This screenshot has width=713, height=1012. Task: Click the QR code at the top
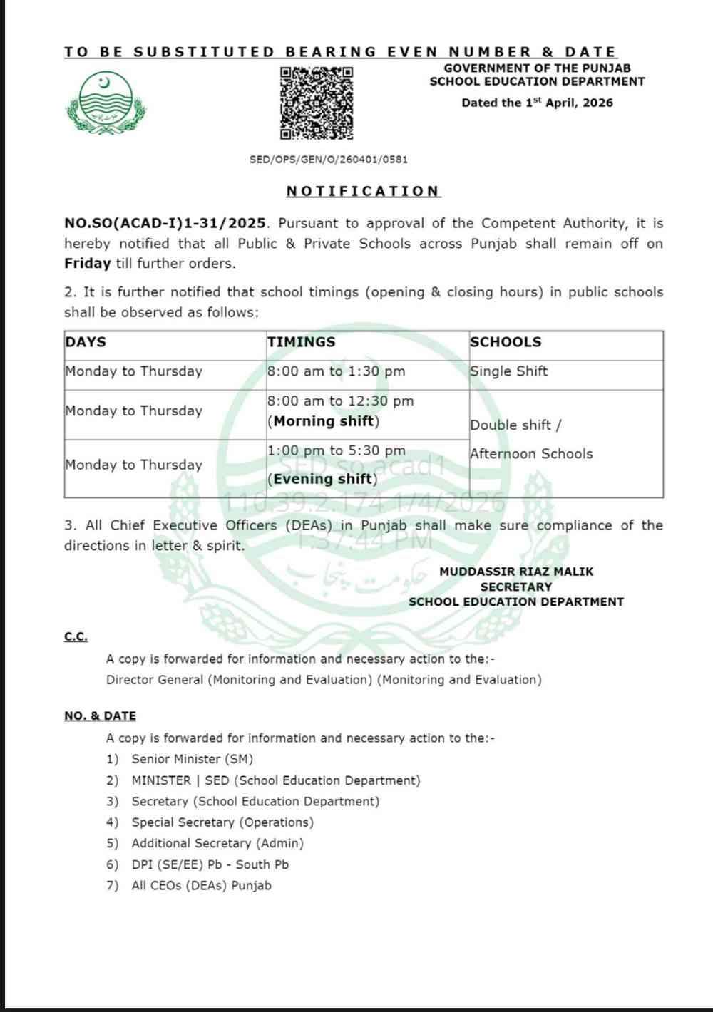pos(316,103)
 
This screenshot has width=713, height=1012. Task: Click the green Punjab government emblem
pos(106,103)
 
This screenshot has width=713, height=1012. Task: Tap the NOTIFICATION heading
pos(364,191)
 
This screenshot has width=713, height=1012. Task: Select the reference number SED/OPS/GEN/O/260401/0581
pos(329,160)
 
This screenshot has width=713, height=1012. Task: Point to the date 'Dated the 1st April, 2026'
pos(537,103)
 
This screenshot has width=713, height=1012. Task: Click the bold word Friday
pos(87,263)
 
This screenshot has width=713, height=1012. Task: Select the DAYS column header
pos(86,342)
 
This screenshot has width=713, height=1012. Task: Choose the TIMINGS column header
pos(301,342)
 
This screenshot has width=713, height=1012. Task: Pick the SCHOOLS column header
pos(506,342)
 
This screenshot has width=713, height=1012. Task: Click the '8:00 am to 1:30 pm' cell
pos(337,371)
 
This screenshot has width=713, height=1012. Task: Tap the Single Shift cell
pos(509,371)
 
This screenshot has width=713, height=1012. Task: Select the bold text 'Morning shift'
pos(324,421)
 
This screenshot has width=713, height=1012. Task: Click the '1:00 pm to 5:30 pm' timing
pos(337,450)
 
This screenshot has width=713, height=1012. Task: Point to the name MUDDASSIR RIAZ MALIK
pos(516,572)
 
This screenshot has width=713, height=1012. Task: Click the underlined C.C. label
pos(76,636)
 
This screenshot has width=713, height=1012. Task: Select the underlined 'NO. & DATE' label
pos(100,716)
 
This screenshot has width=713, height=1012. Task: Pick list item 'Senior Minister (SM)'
pos(192,759)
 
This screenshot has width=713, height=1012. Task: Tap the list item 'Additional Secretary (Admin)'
pos(217,843)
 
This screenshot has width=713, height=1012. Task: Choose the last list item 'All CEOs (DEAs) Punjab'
pos(201,885)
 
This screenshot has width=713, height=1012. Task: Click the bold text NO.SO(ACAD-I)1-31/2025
pos(165,223)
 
